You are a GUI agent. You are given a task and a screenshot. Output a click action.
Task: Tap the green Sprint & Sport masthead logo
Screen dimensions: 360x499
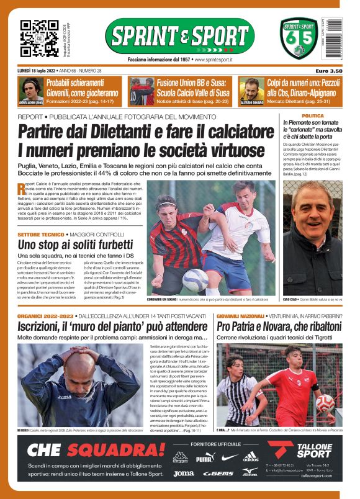179,35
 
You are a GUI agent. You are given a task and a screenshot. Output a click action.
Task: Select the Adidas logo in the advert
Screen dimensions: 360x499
250,458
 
